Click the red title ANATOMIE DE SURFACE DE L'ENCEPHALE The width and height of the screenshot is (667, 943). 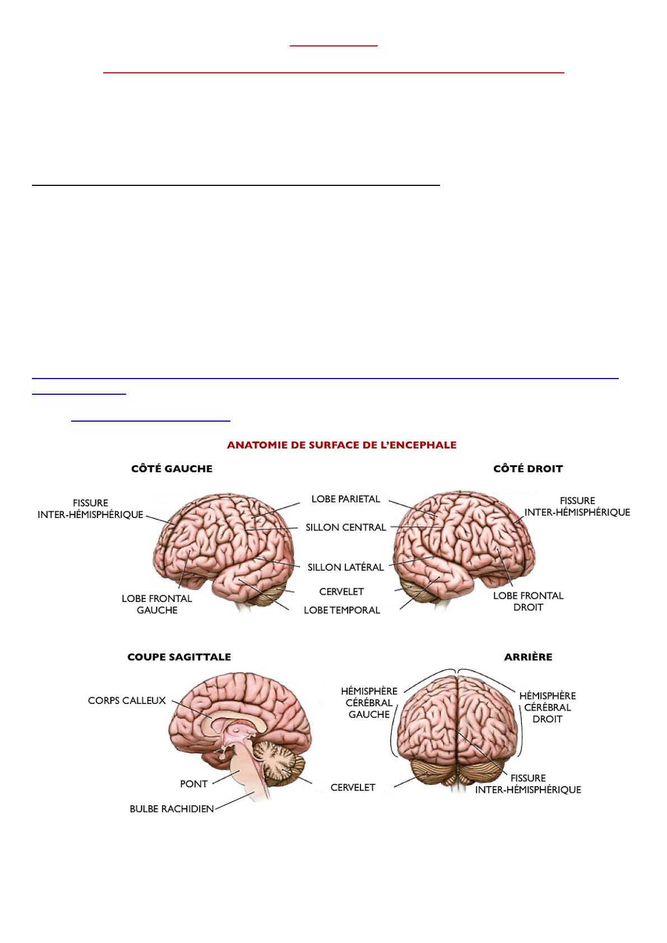341,445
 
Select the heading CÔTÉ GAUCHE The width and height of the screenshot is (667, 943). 172,469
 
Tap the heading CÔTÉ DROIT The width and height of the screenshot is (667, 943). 528,469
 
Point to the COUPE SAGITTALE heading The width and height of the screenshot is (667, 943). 179,657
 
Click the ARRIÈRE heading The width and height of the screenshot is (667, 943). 528,657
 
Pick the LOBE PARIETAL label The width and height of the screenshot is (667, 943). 345,499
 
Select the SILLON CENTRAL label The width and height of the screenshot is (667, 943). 345,527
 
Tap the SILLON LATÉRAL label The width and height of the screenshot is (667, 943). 345,567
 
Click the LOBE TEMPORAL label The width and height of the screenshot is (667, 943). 342,610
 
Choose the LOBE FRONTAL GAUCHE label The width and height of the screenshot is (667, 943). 157,604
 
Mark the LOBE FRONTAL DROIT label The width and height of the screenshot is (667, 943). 528,601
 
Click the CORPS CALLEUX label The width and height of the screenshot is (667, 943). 127,701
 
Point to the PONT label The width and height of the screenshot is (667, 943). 193,784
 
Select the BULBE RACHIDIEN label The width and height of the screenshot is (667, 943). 172,809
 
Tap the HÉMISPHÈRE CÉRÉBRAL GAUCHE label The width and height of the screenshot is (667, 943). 369,703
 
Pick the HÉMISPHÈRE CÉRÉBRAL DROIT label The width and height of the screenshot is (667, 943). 548,707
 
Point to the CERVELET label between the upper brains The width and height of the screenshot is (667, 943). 341,591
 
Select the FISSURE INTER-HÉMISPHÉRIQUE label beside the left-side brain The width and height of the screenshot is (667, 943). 90,508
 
